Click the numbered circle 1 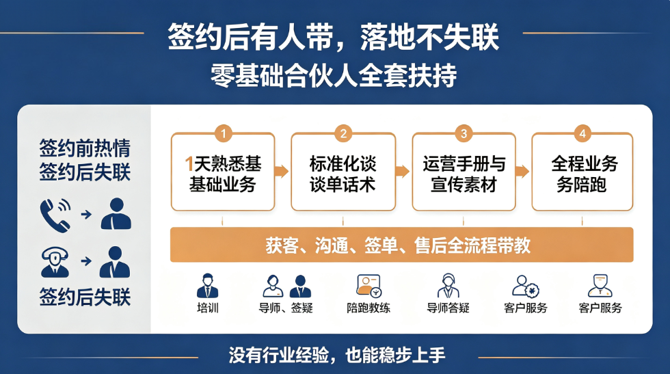[223, 133]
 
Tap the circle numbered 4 [582, 133]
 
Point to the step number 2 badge [343, 133]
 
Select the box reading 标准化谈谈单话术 [343, 172]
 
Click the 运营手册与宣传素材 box [464, 172]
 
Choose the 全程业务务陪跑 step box [582, 172]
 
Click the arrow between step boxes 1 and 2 [282, 172]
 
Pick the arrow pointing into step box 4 [522, 172]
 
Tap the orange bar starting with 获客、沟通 [402, 245]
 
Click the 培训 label [208, 308]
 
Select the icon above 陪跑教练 [368, 286]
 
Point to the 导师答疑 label [448, 308]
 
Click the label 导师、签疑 [286, 308]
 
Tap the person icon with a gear [526, 286]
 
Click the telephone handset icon [55, 215]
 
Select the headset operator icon [55, 262]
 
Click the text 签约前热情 [85, 148]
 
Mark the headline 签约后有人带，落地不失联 [334, 37]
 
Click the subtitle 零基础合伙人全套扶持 [334, 76]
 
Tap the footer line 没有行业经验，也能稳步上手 [337, 355]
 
